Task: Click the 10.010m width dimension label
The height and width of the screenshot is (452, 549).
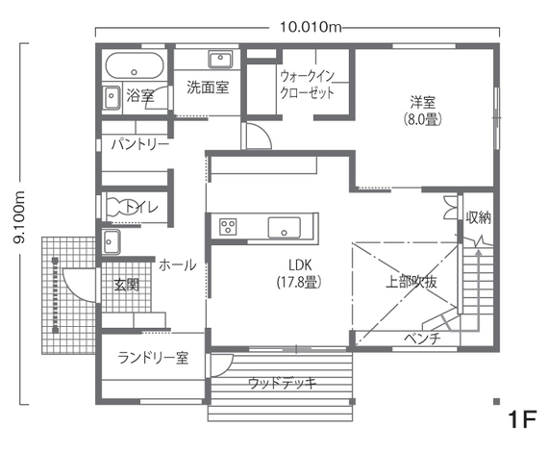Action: [x=311, y=27]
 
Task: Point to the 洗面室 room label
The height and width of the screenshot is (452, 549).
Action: [x=207, y=88]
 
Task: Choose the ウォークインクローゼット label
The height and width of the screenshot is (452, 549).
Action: [x=307, y=84]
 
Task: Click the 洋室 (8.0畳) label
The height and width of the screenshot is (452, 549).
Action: [x=423, y=110]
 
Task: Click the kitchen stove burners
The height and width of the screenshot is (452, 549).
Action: [x=229, y=227]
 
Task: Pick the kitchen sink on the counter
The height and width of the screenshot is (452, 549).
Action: [x=285, y=228]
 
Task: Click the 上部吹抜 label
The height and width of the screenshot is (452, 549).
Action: [x=412, y=282]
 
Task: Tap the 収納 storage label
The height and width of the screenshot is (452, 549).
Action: [x=478, y=217]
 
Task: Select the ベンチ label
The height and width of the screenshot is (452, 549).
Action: [x=422, y=339]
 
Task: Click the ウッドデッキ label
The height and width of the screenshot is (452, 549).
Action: [x=283, y=383]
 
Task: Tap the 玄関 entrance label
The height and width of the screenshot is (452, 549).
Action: [x=127, y=285]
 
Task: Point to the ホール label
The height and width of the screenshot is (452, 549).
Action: [x=177, y=264]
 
